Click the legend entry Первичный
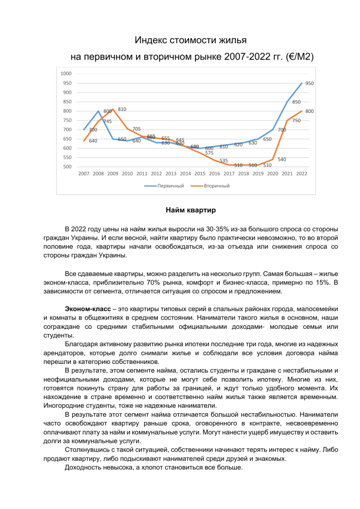tap(170, 186)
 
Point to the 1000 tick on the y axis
tap(66, 74)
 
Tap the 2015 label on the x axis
tap(200, 174)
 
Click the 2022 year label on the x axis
tap(301, 174)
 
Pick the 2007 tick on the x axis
tap(84, 174)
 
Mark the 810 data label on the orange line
tap(122, 109)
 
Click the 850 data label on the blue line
tap(296, 102)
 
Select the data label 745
tap(107, 121)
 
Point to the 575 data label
tap(209, 153)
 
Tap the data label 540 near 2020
tap(282, 159)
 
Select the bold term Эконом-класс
tap(88, 309)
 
